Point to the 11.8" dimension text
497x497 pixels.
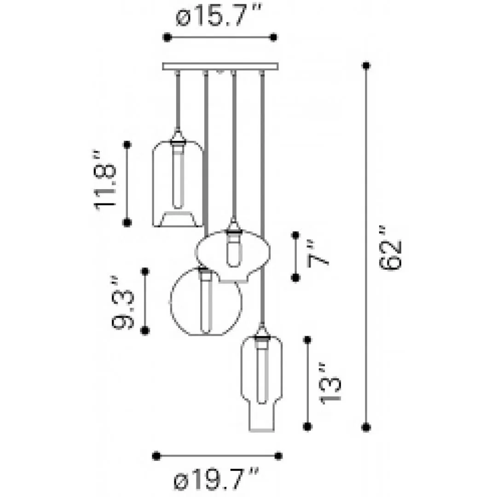(x=105, y=180)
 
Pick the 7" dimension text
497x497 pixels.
(x=318, y=254)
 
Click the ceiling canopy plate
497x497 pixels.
(x=220, y=66)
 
